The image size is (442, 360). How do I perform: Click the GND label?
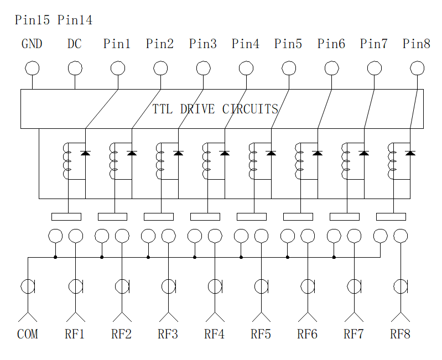[x=32, y=44]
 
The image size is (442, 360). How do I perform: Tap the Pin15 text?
[x=33, y=20]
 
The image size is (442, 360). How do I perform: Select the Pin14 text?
[x=75, y=20]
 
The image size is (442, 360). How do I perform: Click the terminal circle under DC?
[x=75, y=68]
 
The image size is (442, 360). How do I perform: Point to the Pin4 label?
[x=246, y=44]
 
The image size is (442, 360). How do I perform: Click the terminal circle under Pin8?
[x=417, y=68]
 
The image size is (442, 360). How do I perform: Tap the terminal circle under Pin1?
[x=118, y=68]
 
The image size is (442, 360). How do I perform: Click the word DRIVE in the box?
[x=197, y=109]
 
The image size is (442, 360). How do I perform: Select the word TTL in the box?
[x=163, y=109]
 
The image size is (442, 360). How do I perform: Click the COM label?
[x=28, y=334]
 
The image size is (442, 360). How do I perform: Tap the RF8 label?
[x=401, y=334]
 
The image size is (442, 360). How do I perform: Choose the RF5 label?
[x=261, y=334]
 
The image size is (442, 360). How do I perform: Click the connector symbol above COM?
[x=28, y=286]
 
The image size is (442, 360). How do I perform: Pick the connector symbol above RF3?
[x=169, y=286]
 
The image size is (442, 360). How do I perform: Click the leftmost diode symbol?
[x=85, y=153]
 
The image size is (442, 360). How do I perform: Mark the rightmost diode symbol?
[x=410, y=153]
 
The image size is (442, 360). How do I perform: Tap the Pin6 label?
[x=331, y=44]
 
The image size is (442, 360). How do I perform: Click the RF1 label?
[x=75, y=334]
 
